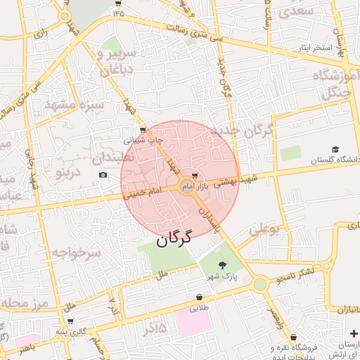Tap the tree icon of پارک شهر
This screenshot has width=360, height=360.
click(x=223, y=265)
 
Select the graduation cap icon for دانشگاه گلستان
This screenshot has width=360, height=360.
click(x=336, y=150)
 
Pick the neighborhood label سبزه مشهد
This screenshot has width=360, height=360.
click(x=74, y=105)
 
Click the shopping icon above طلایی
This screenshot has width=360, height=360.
click(x=193, y=297)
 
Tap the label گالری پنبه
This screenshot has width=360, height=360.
click(x=70, y=331)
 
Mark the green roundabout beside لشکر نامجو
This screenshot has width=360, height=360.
click(x=261, y=284)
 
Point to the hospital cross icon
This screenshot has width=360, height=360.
click(x=353, y=333)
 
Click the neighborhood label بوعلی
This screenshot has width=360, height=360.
click(x=264, y=229)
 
